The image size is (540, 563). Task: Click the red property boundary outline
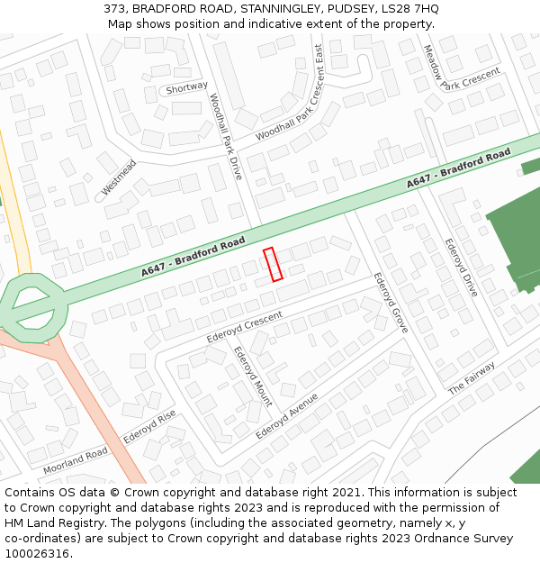tap(273, 264)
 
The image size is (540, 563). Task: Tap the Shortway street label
tap(186, 88)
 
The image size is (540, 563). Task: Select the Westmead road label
tap(119, 178)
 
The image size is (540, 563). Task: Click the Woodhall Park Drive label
tap(226, 136)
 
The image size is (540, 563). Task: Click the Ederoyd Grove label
tap(391, 302)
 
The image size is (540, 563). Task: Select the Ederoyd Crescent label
tap(245, 327)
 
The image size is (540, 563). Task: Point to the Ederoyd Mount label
tap(253, 377)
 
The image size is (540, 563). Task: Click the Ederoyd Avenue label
tap(287, 415)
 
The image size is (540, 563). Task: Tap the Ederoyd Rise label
tap(149, 427)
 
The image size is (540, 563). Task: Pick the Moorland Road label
tap(75, 460)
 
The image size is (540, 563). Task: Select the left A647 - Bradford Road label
tap(193, 256)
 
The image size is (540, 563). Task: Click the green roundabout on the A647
tap(34, 308)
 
